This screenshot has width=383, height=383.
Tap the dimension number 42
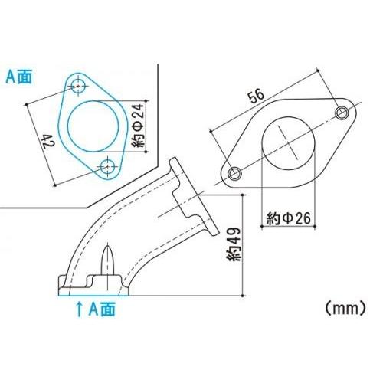[47, 142]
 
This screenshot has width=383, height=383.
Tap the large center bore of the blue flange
[95, 125]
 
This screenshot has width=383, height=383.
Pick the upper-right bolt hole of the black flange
[342, 113]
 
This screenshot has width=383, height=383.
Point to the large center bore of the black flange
[288, 144]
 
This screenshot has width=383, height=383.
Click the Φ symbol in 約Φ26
[287, 219]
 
